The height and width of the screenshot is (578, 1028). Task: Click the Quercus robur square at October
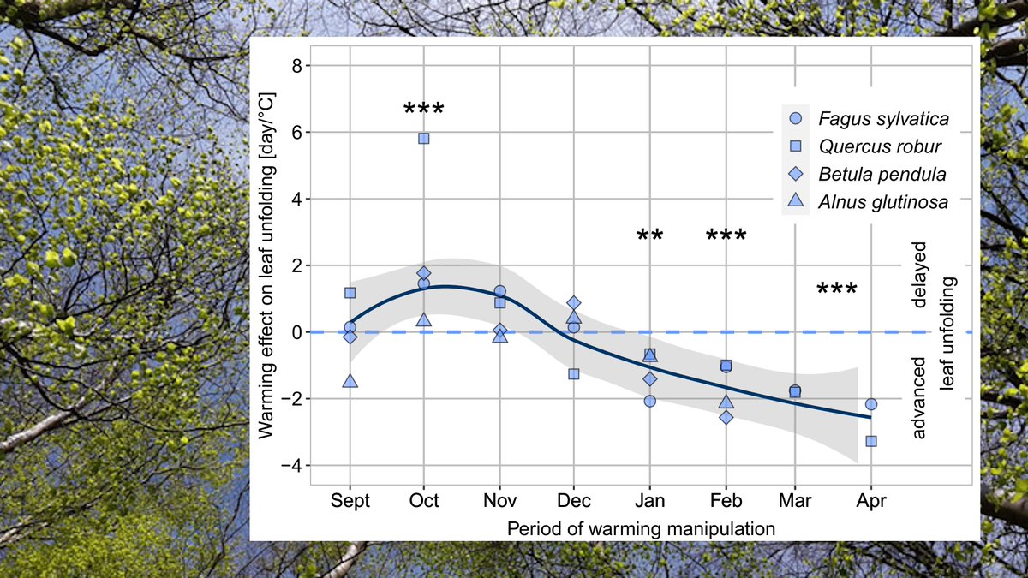click(x=423, y=138)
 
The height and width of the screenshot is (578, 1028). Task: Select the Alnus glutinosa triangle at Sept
click(x=350, y=381)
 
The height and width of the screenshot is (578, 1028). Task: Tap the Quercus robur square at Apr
click(x=871, y=441)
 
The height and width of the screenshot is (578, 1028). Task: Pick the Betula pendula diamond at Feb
click(x=726, y=417)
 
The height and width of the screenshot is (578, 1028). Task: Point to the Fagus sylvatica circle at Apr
click(x=871, y=403)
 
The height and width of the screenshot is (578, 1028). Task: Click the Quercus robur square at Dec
click(x=574, y=374)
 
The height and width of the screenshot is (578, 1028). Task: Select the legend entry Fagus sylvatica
click(x=882, y=119)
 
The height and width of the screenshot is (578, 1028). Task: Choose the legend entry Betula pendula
click(x=882, y=174)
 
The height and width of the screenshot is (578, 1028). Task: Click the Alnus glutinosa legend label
click(x=882, y=201)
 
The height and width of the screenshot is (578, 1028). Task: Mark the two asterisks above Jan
click(x=650, y=235)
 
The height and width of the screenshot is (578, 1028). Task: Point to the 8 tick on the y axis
click(x=298, y=66)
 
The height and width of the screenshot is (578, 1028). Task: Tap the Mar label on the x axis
click(x=795, y=500)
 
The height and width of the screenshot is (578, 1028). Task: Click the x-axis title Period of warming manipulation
click(x=641, y=528)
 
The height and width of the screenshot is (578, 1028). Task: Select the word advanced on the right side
click(x=919, y=398)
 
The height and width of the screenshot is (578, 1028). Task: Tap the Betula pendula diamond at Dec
click(x=574, y=303)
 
